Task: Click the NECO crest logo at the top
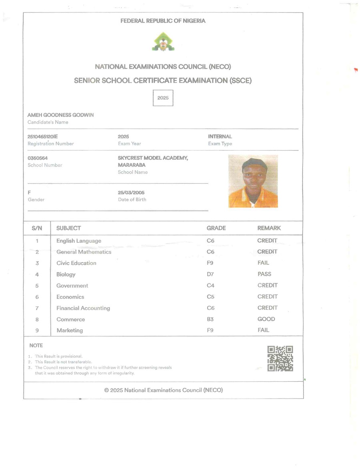pos(163,42)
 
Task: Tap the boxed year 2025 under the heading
pos(163,98)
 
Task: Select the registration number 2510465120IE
pos(42,136)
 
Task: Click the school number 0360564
pos(38,158)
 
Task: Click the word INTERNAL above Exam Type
pos(220,136)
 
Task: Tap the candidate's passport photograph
pos(253,181)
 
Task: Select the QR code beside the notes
pos(280,358)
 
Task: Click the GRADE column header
pos(216,228)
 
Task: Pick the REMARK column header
pos(269,228)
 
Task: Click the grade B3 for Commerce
pos(210,319)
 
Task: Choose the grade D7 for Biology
pos(210,275)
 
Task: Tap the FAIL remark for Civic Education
pos(264,263)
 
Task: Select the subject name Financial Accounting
pos(83,308)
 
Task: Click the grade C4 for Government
pos(211,286)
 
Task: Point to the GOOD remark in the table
pos(266,319)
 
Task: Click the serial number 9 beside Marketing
pos(37,331)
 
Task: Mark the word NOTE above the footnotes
pos(36,345)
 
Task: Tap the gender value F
pos(29,192)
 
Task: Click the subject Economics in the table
pos(70,297)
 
